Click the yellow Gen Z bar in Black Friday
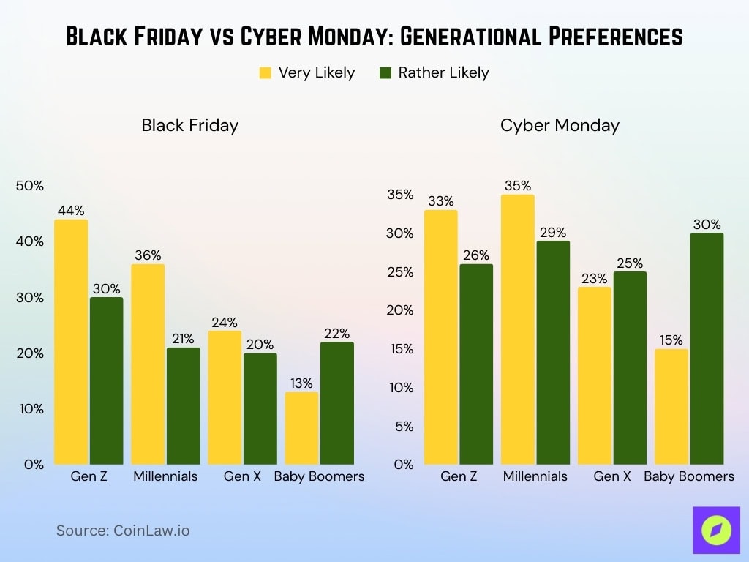pyautogui.click(x=71, y=342)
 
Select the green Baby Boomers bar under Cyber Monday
pyautogui.click(x=707, y=348)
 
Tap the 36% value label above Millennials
pyautogui.click(x=148, y=255)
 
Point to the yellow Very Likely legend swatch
pyautogui.click(x=266, y=72)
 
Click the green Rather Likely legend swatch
pyautogui.click(x=385, y=72)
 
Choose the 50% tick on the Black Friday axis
pyautogui.click(x=29, y=186)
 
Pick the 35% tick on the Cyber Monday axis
pyautogui.click(x=400, y=195)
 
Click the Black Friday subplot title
pyautogui.click(x=190, y=125)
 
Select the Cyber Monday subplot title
pyautogui.click(x=560, y=125)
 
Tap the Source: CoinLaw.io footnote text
pyautogui.click(x=123, y=531)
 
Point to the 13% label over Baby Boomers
pyautogui.click(x=301, y=383)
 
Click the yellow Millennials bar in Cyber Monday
pyautogui.click(x=518, y=329)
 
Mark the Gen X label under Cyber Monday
pyautogui.click(x=612, y=476)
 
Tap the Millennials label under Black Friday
pyautogui.click(x=165, y=476)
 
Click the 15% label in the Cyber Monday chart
pyautogui.click(x=671, y=340)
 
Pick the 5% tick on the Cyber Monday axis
pyautogui.click(x=404, y=426)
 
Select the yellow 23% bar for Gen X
pyautogui.click(x=595, y=375)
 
